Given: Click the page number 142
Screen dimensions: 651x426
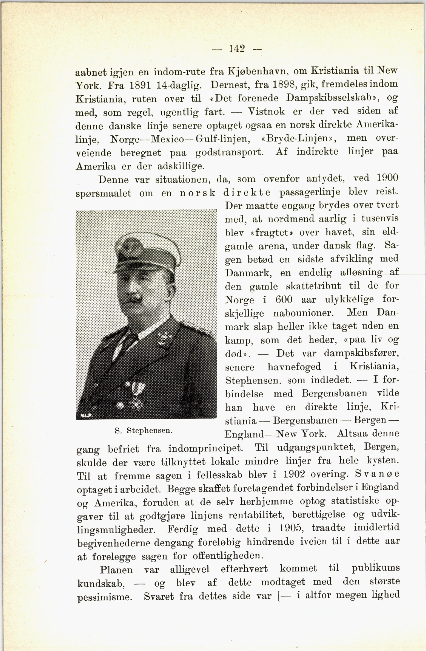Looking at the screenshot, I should click(237, 49).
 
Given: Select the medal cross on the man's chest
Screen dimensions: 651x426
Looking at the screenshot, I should click(135, 402).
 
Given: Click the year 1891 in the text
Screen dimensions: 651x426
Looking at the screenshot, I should click(140, 85).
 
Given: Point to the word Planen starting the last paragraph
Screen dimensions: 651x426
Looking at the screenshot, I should click(116, 570).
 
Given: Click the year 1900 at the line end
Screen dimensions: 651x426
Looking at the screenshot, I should click(387, 178).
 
